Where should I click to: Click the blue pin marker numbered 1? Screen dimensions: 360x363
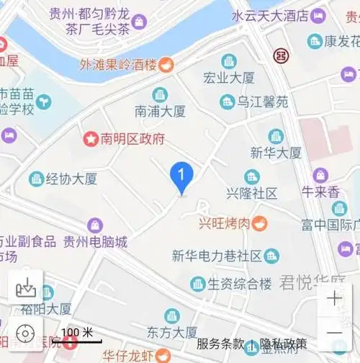coord(181,176)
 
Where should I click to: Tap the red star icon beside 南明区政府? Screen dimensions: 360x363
coord(91,138)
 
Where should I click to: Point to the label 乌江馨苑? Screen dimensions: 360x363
coord(263,102)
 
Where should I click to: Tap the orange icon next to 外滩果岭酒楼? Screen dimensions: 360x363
coord(166,65)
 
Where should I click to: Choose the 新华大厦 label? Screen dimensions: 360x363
coord(276,153)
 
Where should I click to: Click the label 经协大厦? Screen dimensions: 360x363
coord(71,179)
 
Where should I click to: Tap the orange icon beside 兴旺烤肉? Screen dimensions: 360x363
coord(259,224)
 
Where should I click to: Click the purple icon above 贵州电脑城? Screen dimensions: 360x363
coord(95,225)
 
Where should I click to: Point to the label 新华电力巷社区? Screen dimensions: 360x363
coord(216,256)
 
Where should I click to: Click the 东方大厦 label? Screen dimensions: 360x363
coord(171,333)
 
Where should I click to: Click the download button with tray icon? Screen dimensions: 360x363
coord(25,288)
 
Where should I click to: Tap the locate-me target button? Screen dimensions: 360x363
coord(25,333)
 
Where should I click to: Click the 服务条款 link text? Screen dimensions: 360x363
coord(220,344)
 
